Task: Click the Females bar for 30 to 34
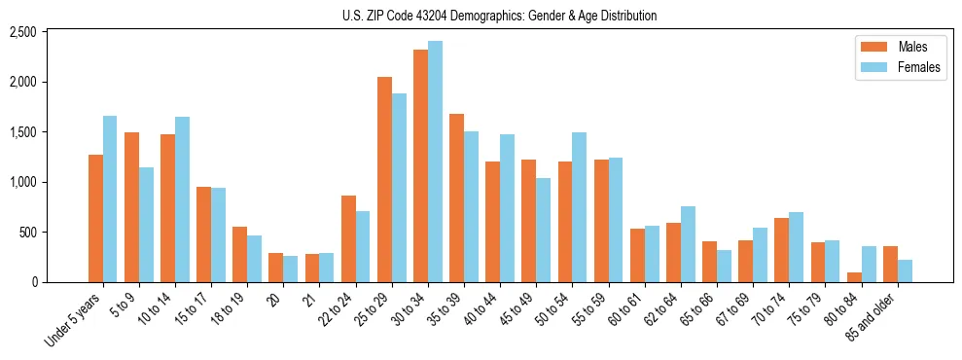click(x=436, y=162)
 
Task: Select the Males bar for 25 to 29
click(x=385, y=179)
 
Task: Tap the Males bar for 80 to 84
click(x=853, y=277)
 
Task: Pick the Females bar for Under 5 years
click(x=110, y=198)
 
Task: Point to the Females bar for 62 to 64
click(x=688, y=244)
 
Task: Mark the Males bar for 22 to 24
click(x=349, y=238)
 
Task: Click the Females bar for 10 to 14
click(x=182, y=199)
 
